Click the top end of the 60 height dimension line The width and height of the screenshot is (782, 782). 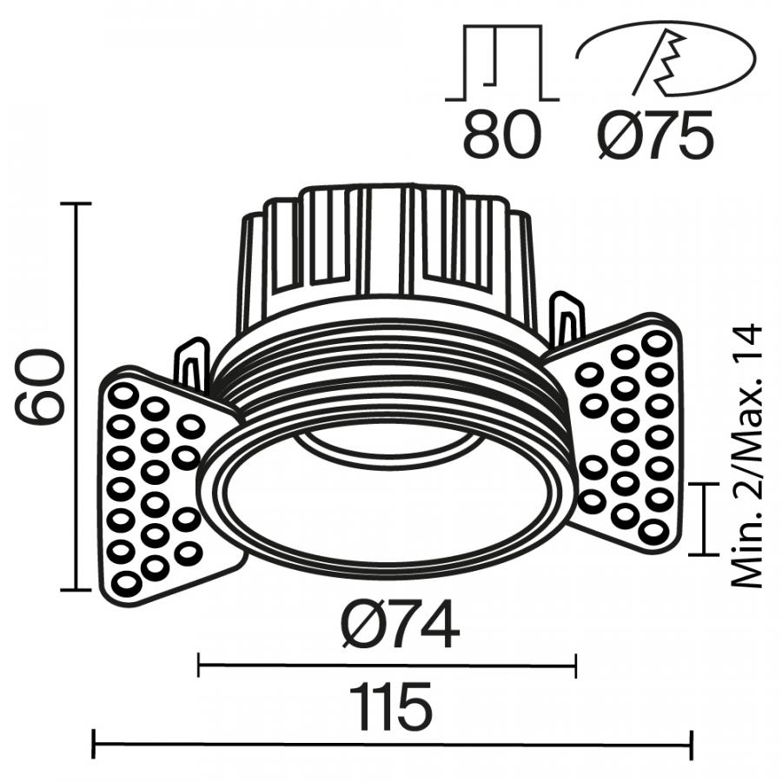(x=76, y=203)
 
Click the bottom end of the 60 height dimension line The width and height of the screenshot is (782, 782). (x=76, y=590)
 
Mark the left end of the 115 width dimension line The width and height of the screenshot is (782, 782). (x=94, y=746)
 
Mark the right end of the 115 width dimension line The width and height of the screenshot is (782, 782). (x=691, y=746)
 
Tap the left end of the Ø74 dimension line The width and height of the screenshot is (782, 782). (x=199, y=665)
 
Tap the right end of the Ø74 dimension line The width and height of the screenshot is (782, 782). (x=576, y=665)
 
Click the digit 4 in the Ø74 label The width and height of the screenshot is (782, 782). (x=440, y=623)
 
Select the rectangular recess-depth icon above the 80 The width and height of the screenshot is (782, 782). (x=501, y=63)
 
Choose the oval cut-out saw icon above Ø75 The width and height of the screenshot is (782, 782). (x=666, y=57)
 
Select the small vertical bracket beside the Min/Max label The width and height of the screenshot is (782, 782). (x=704, y=519)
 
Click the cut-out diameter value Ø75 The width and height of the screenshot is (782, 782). (x=656, y=135)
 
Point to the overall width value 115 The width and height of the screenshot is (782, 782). (x=390, y=706)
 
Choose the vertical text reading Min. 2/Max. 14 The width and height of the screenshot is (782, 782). (x=748, y=456)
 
